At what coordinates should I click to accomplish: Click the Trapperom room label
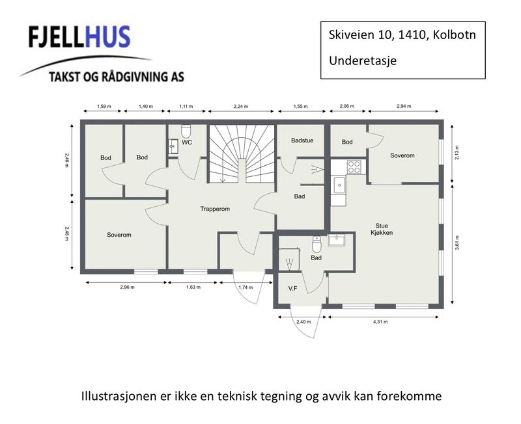[x=215, y=209]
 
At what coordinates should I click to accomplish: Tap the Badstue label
[x=302, y=140]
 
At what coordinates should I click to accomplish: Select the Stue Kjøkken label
[x=382, y=230]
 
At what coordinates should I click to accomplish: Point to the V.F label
[x=292, y=289]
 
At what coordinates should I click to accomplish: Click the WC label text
[x=187, y=142]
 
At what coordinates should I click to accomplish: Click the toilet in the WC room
[x=186, y=131]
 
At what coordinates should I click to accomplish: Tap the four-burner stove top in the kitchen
[x=354, y=167]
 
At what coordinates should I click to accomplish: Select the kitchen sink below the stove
[x=339, y=185]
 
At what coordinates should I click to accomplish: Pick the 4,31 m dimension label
[x=380, y=322]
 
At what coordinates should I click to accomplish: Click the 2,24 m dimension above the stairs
[x=241, y=107]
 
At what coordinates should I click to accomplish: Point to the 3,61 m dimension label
[x=457, y=243]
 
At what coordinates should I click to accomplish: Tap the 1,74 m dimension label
[x=246, y=287]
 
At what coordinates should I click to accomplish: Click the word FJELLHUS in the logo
[x=79, y=37]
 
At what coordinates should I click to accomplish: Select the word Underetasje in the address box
[x=363, y=60]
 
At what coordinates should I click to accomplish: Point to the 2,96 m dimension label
[x=127, y=287]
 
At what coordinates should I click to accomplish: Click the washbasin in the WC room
[x=173, y=146]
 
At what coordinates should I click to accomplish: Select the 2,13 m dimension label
[x=457, y=153]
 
